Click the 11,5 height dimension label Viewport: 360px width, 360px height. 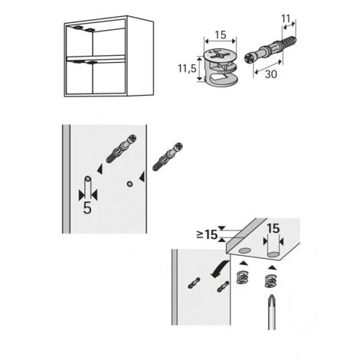coord(187,68)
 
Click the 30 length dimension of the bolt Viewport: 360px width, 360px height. coord(270,74)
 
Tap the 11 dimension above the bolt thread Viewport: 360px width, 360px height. coord(286,18)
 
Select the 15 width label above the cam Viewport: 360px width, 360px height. coord(221,35)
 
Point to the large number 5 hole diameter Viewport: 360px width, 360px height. coord(87,208)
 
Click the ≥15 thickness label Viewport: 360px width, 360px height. coord(207,234)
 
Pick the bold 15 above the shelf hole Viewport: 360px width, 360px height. coord(273,229)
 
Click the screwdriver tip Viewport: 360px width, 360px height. coord(271,296)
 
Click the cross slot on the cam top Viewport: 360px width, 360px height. coord(217,54)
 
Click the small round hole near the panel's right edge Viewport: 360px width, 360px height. coord(129,184)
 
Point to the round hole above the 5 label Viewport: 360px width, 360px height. coord(87,178)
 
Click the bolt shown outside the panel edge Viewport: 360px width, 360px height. coord(167,157)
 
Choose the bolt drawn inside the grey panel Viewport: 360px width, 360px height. coord(121,149)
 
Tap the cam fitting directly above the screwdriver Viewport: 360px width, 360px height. coord(271,281)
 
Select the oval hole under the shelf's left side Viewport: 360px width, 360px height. coord(244,251)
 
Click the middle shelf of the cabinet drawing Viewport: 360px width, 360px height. coord(96,58)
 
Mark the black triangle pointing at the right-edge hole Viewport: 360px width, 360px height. coord(142,176)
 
